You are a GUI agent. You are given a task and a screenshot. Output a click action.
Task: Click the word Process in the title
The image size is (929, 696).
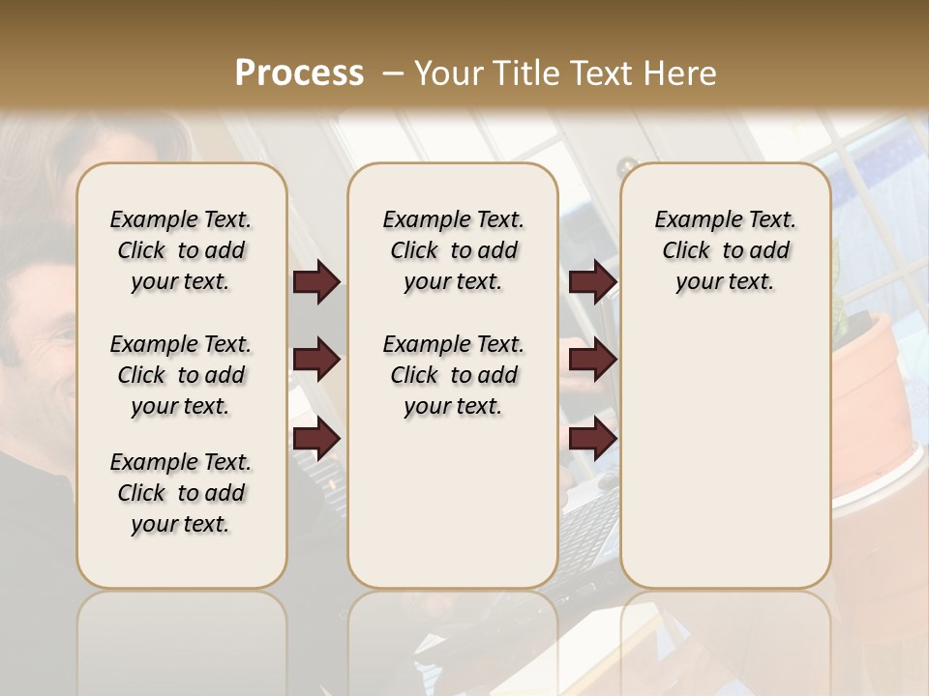pyautogui.click(x=299, y=73)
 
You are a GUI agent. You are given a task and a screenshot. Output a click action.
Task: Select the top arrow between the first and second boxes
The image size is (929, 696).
pyautogui.click(x=316, y=282)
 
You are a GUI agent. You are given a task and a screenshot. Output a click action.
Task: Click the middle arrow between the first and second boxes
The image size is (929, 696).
pyautogui.click(x=316, y=361)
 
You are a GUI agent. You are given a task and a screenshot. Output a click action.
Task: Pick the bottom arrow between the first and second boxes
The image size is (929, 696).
pyautogui.click(x=316, y=439)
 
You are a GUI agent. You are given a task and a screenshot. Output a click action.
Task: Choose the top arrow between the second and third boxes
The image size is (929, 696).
pyautogui.click(x=592, y=282)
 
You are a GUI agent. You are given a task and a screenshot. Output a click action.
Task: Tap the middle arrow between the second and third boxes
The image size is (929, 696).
pyautogui.click(x=592, y=361)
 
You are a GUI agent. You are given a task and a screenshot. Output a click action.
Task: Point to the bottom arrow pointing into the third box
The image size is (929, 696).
pyautogui.click(x=592, y=439)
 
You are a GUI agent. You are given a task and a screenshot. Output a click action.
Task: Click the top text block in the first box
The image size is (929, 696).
pyautogui.click(x=181, y=250)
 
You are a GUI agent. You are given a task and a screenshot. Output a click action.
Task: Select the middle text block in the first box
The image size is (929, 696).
pyautogui.click(x=181, y=375)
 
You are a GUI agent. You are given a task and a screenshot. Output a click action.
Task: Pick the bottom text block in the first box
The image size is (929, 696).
pyautogui.click(x=181, y=493)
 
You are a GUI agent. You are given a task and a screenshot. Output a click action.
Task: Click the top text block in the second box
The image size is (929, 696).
pyautogui.click(x=453, y=250)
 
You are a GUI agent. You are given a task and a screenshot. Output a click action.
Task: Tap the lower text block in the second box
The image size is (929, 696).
pyautogui.click(x=453, y=375)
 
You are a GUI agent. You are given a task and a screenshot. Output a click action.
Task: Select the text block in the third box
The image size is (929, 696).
pyautogui.click(x=726, y=250)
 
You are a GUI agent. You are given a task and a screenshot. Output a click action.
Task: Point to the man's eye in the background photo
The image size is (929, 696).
pyautogui.click(x=60, y=333)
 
